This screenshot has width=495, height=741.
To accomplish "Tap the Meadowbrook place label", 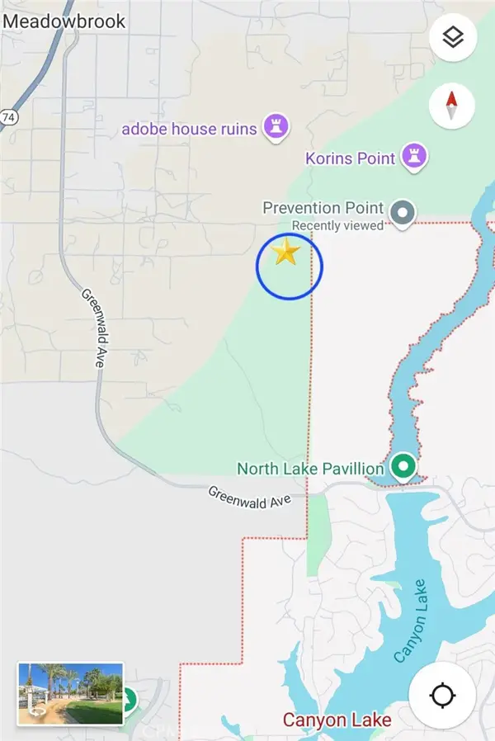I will [x=64, y=21].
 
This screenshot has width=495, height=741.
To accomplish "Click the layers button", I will [x=452, y=37].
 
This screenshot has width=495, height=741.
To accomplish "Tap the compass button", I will [x=452, y=106].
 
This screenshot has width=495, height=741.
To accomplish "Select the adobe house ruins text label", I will [x=189, y=129].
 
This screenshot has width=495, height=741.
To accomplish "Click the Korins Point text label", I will [x=351, y=158].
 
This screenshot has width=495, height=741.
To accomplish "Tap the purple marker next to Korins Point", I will [x=413, y=155].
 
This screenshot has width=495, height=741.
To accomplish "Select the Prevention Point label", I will [x=323, y=207].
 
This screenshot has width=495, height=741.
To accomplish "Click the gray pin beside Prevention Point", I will [x=403, y=213].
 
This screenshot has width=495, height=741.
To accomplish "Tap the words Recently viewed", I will [x=337, y=225].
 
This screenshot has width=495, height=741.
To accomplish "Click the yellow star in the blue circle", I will [x=285, y=253].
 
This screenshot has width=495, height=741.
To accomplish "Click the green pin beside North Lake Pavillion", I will [x=403, y=467].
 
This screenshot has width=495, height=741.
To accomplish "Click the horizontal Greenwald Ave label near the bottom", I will [x=249, y=497].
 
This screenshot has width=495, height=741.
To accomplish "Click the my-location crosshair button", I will [x=442, y=696].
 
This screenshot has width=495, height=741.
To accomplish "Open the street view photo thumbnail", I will [x=70, y=694].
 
